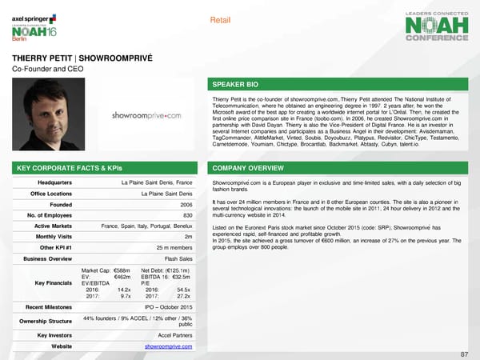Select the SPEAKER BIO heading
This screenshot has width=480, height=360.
tap(234, 83)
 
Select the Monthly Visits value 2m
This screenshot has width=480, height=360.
tap(187, 237)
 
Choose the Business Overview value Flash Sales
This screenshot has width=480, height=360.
tap(178, 259)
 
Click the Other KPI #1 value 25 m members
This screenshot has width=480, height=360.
tap(174, 248)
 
